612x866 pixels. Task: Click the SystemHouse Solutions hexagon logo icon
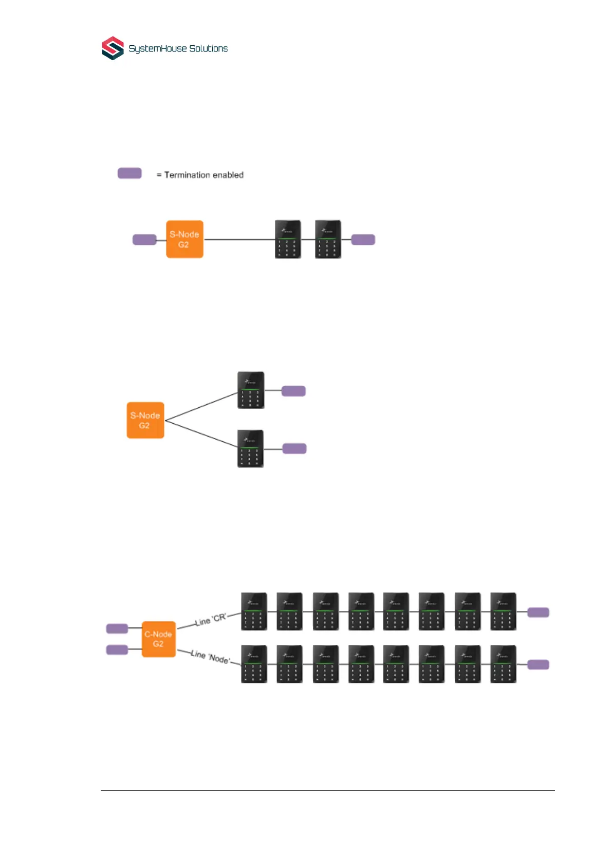[113, 48]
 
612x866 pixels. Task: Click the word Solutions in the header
[208, 48]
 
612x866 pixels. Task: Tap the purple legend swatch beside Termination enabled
[129, 173]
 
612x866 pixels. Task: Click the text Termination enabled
[203, 175]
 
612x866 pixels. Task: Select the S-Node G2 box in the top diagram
[184, 239]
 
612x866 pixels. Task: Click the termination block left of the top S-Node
[144, 240]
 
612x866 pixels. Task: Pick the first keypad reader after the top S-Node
[288, 239]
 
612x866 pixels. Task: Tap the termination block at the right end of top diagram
[363, 240]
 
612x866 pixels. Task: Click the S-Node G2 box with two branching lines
[145, 420]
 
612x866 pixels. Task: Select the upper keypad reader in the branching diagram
[251, 390]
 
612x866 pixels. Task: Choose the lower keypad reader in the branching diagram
[250, 448]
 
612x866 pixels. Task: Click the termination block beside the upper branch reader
[293, 391]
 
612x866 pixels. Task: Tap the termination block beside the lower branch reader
[294, 448]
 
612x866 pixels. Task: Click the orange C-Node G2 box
[158, 639]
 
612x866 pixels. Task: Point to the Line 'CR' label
[211, 620]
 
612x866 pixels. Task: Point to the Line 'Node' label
[210, 657]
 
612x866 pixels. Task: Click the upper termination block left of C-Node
[117, 628]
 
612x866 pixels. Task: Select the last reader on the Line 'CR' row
[503, 611]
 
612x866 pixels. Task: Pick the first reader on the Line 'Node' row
[254, 664]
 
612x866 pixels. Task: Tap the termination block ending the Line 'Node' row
[538, 664]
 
